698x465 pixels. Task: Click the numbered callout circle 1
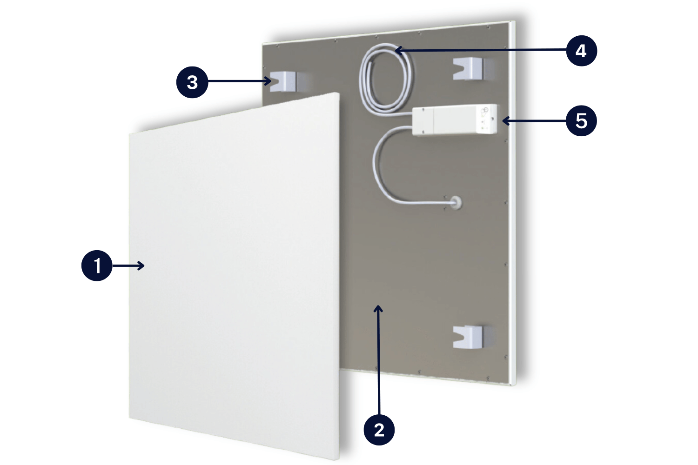click(97, 266)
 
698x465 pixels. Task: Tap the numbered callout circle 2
click(379, 430)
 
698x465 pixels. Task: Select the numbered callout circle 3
click(192, 82)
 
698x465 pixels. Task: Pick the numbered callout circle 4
click(581, 50)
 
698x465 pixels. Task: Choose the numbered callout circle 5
click(581, 121)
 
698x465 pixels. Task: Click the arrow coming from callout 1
click(128, 266)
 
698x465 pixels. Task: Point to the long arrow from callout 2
click(379, 358)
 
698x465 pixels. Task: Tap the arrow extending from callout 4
click(479, 49)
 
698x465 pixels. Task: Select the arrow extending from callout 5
click(533, 121)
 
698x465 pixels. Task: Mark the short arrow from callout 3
click(240, 82)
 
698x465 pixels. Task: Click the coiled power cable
click(385, 79)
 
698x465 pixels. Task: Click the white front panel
click(233, 279)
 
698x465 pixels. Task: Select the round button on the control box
click(485, 110)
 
